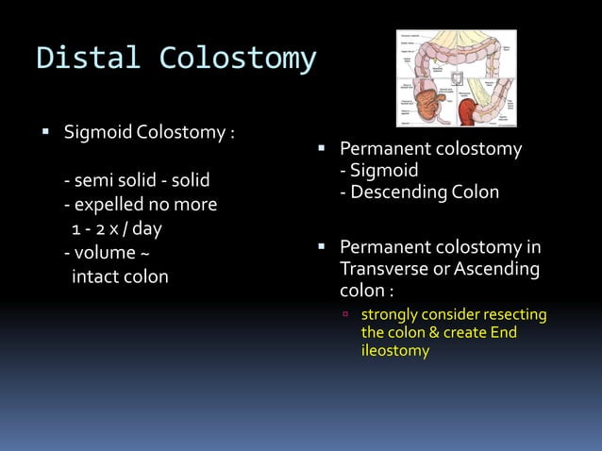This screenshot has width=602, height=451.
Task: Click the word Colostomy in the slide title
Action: point(237,58)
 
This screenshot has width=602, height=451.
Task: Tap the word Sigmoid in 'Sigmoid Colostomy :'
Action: point(98,130)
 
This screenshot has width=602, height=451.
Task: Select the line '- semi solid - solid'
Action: point(137,179)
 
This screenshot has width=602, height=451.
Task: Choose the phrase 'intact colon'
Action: point(120,277)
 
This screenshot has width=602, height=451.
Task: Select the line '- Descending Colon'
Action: point(420,192)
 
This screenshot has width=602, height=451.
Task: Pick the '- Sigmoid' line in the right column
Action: point(378,171)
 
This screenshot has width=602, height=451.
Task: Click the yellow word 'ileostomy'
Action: point(394,351)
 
